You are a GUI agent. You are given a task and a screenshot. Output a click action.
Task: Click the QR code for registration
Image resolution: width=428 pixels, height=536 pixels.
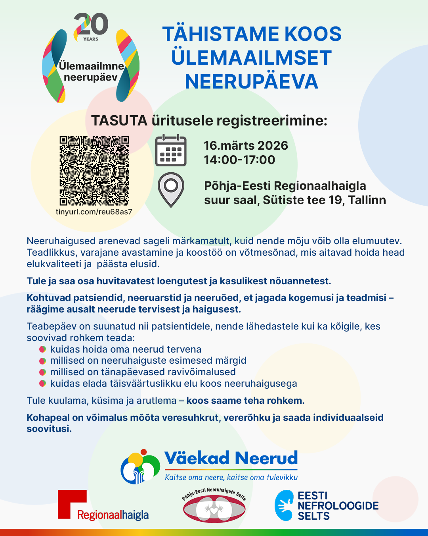94,171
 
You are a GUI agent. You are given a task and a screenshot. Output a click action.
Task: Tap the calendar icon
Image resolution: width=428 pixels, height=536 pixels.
171,150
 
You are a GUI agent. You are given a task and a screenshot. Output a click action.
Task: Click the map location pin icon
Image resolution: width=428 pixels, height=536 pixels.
171,189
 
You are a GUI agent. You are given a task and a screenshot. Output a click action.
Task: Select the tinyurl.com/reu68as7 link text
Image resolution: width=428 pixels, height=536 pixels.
94,212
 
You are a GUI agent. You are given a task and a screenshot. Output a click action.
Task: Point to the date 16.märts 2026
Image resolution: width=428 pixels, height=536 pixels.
246,145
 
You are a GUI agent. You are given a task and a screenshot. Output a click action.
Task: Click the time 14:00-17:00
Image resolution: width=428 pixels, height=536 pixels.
239,160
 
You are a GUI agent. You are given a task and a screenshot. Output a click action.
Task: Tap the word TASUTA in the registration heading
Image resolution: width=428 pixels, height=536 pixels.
119,120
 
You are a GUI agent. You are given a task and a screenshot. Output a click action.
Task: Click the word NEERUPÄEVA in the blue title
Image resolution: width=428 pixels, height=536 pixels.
252,82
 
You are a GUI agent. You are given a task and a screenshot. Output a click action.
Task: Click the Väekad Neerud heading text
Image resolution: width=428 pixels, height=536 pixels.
231,458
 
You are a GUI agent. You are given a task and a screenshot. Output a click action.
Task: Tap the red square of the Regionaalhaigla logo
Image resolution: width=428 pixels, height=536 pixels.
72,503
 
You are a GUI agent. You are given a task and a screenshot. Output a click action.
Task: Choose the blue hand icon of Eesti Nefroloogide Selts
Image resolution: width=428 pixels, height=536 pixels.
284,505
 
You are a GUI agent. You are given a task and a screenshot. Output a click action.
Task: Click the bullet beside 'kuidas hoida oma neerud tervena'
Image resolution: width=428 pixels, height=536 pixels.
43,349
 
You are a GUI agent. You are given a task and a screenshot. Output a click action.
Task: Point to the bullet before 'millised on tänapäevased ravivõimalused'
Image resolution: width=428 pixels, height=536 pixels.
43,372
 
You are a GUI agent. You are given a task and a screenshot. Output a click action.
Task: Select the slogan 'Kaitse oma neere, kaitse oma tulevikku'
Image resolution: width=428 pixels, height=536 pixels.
231,477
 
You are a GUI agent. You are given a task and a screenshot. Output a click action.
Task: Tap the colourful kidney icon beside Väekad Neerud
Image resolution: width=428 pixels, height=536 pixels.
140,467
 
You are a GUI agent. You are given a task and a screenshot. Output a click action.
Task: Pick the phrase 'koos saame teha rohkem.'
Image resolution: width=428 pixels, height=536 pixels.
245,401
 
